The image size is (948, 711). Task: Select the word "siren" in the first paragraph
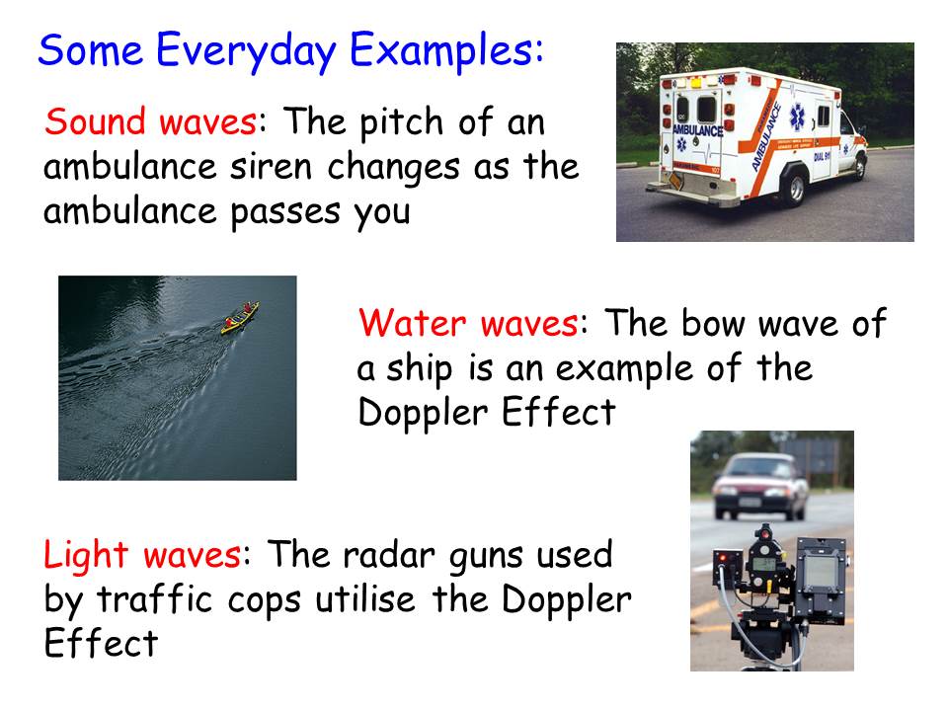pos(271,166)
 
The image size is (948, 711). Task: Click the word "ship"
pos(419,369)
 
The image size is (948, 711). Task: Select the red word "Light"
pos(86,556)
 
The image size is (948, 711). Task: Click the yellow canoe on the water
pos(240,317)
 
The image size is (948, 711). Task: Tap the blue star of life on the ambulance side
pos(798,118)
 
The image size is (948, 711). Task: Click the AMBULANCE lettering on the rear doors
pos(698,130)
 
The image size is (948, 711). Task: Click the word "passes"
pos(285,214)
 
